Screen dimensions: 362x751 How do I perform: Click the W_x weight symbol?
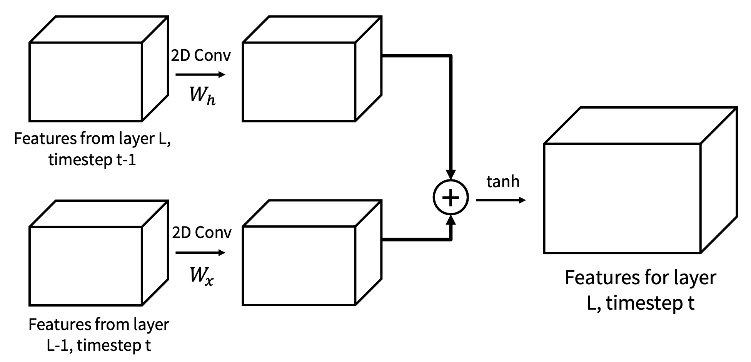click(x=201, y=276)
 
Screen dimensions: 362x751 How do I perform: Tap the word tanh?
click(x=503, y=181)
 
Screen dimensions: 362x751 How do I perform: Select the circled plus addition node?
click(x=451, y=198)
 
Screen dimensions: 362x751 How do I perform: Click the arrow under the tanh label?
click(x=501, y=200)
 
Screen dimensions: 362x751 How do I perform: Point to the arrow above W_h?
click(x=200, y=74)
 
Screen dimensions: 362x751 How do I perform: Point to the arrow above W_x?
click(x=200, y=253)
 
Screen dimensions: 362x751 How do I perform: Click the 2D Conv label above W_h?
click(x=201, y=55)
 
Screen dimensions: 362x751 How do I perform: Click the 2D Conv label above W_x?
click(x=202, y=233)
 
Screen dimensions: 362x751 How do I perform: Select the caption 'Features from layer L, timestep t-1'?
click(x=92, y=149)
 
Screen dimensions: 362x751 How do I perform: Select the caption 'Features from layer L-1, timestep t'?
click(x=99, y=335)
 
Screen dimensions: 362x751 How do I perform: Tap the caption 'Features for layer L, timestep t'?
click(x=640, y=290)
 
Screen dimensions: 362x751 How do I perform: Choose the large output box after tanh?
click(x=622, y=198)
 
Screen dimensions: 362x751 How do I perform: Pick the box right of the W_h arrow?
click(x=299, y=82)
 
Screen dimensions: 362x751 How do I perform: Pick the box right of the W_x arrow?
click(x=299, y=266)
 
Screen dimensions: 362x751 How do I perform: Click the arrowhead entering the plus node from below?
click(x=451, y=220)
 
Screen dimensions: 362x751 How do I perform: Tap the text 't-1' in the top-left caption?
click(x=126, y=159)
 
